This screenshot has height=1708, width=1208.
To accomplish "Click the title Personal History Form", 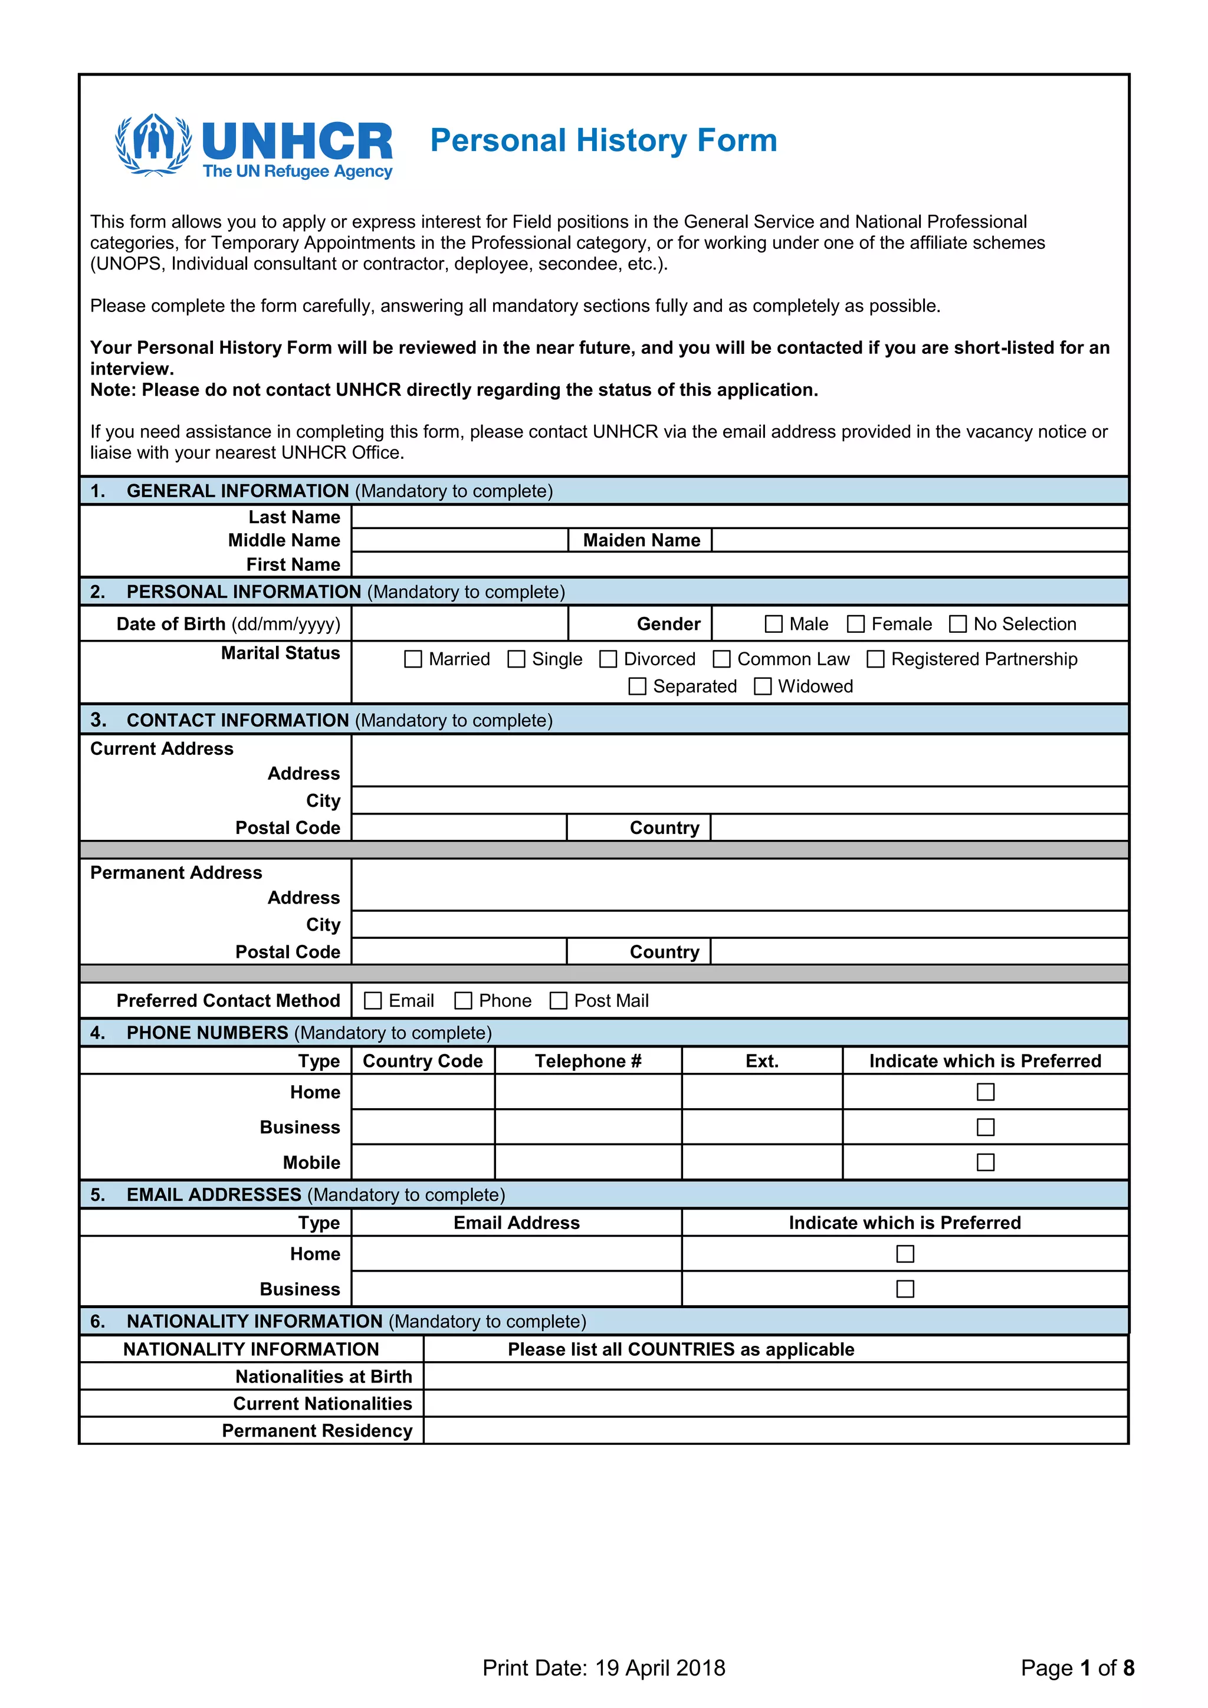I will point(603,140).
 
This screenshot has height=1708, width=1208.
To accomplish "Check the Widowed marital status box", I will point(763,686).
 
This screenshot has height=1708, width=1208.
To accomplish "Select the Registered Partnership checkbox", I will point(875,659).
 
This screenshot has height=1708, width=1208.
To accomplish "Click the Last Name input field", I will point(740,517).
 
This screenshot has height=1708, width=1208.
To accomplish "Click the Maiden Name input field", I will point(920,540).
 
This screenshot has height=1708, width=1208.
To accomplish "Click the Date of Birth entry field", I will point(459,624).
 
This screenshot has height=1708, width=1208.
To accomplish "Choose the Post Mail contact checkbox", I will point(558,1000).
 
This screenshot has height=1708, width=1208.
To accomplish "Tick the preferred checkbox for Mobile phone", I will point(985,1162).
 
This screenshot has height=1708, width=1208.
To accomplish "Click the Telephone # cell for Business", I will point(587,1127).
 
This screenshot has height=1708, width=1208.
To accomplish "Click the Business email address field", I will point(516,1289).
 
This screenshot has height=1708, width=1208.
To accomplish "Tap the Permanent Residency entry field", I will point(775,1431).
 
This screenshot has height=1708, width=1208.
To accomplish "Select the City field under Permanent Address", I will point(740,925).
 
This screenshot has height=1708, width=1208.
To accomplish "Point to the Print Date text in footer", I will point(603,1668).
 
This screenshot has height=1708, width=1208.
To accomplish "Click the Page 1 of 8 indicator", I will point(1077,1668).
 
